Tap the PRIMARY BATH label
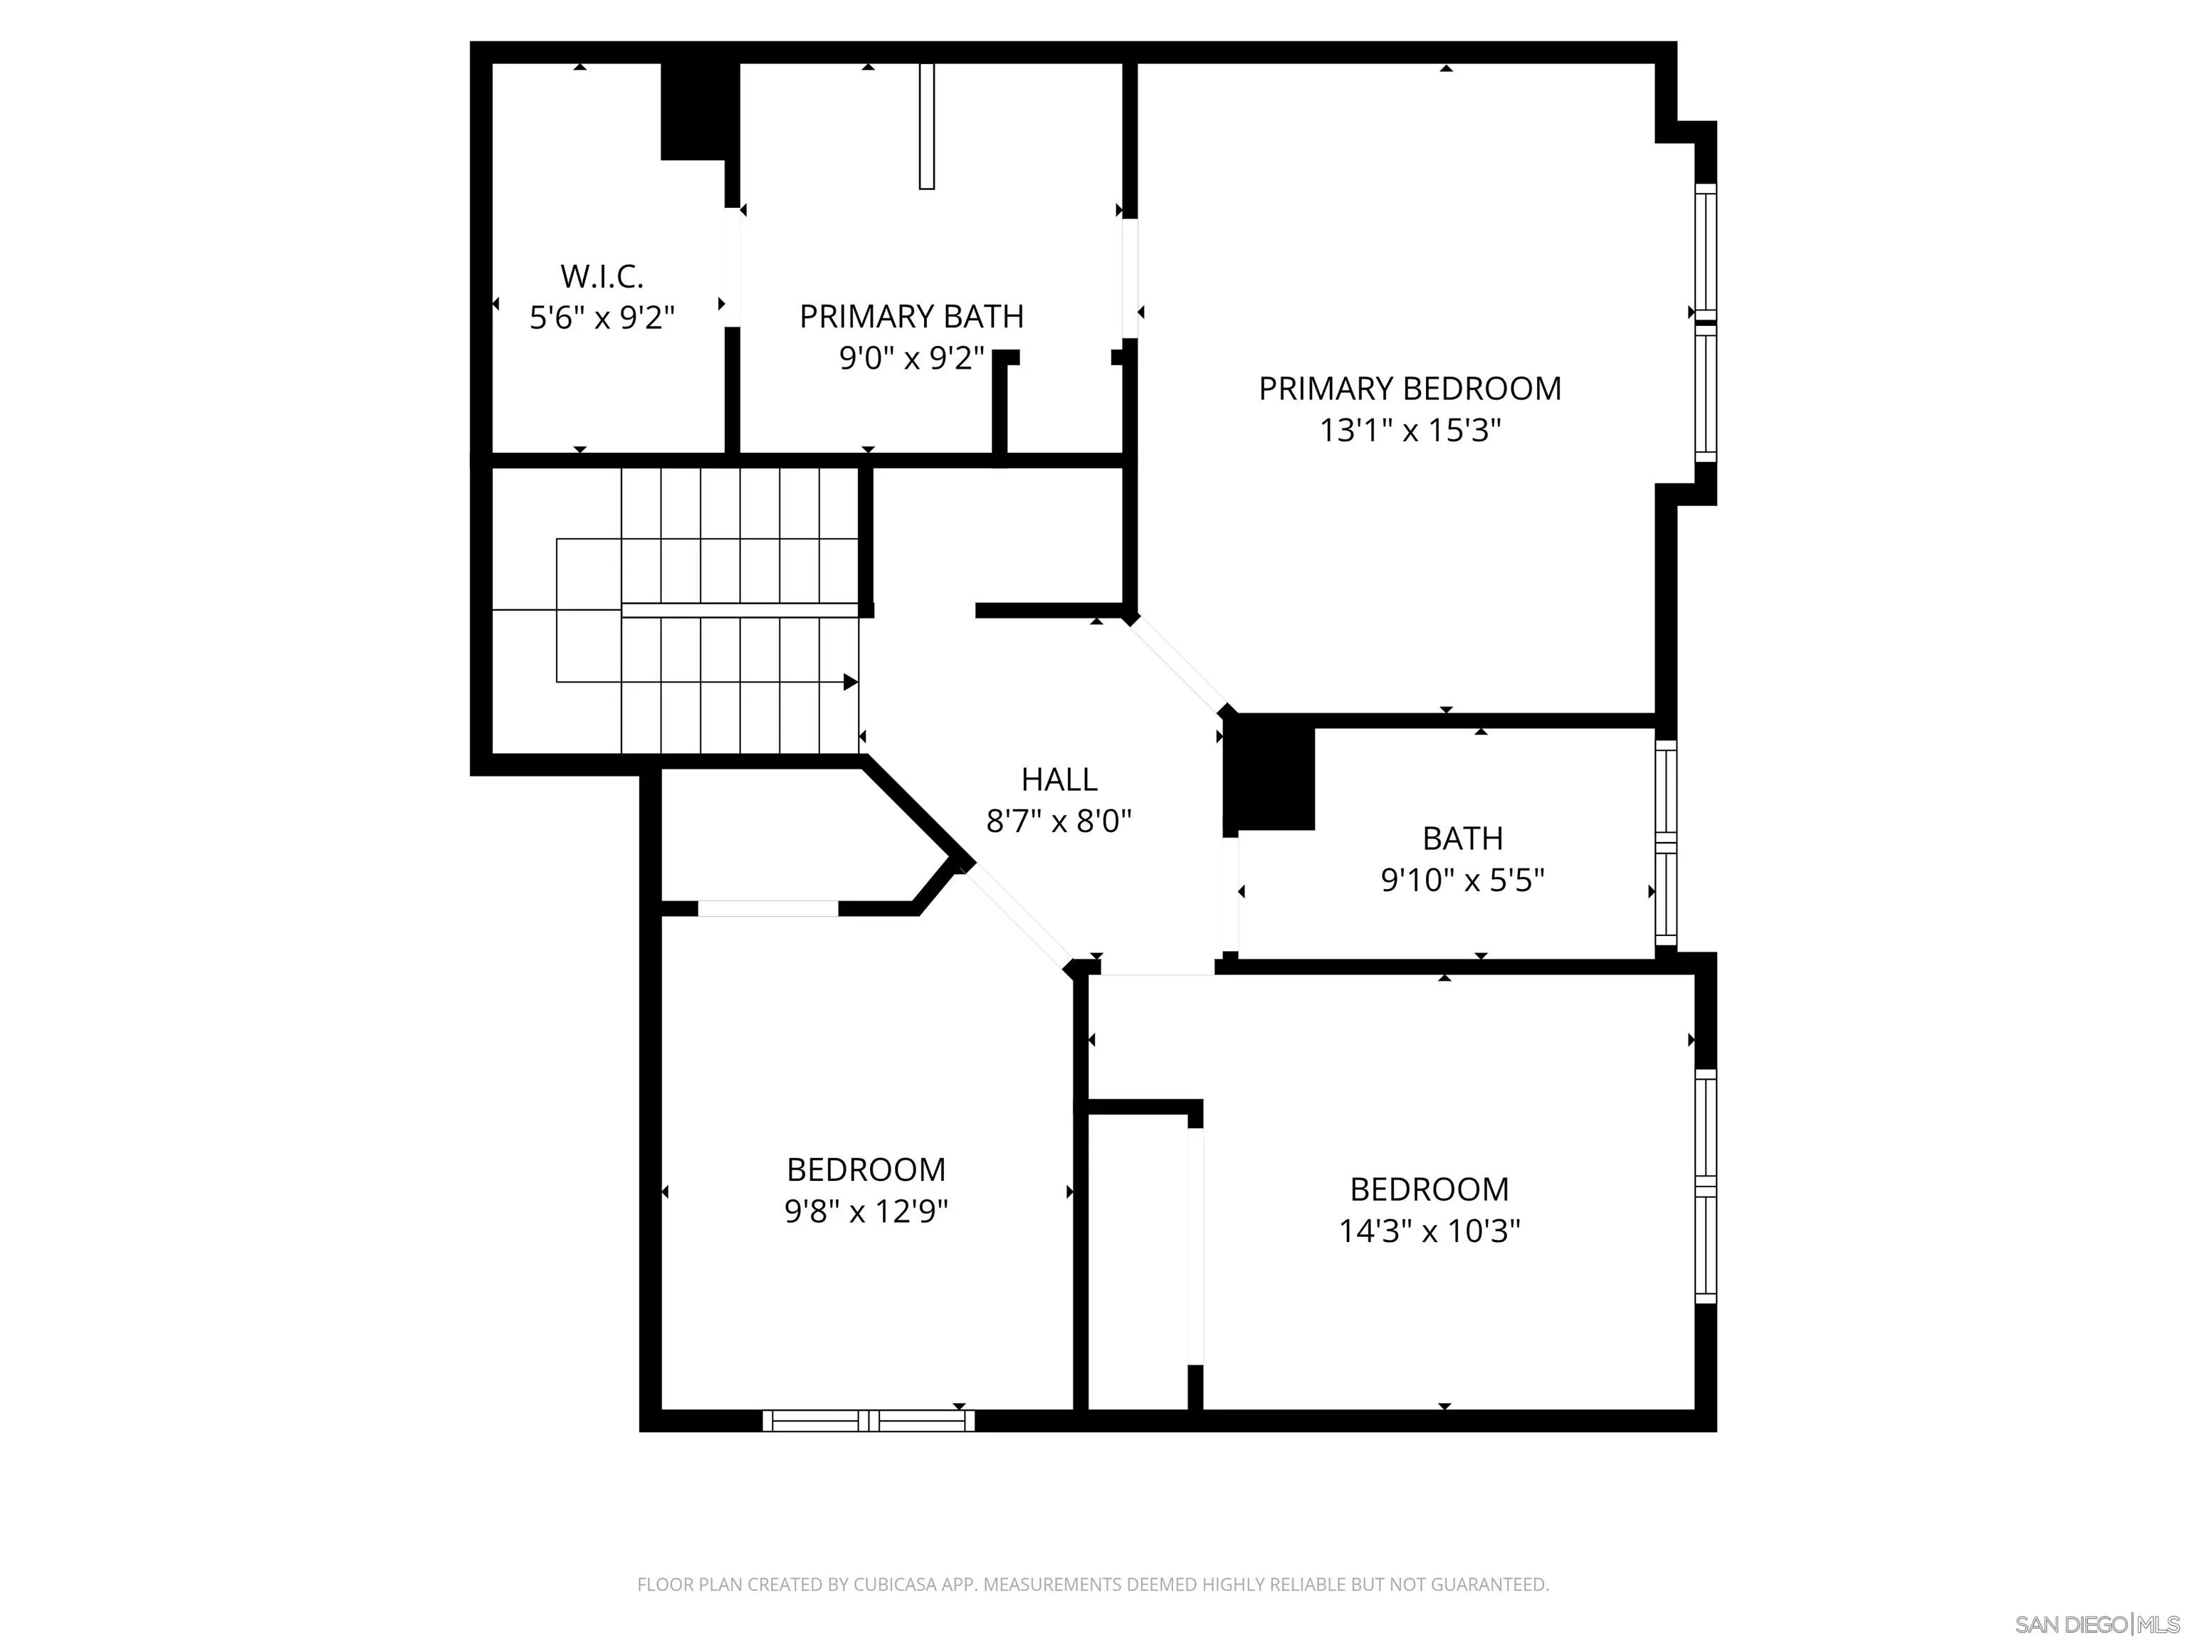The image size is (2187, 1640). point(911,316)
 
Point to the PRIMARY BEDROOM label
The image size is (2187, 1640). point(1409,389)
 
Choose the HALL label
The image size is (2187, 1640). point(1058,780)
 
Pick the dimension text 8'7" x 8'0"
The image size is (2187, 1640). point(1058,821)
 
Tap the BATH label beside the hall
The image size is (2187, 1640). point(1462,839)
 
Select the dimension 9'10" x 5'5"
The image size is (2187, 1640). point(1462,880)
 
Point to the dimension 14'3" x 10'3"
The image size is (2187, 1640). point(1429,1231)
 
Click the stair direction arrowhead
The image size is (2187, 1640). point(849,682)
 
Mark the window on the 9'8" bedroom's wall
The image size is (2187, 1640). point(868,1421)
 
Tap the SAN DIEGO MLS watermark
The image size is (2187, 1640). point(2096,1624)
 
